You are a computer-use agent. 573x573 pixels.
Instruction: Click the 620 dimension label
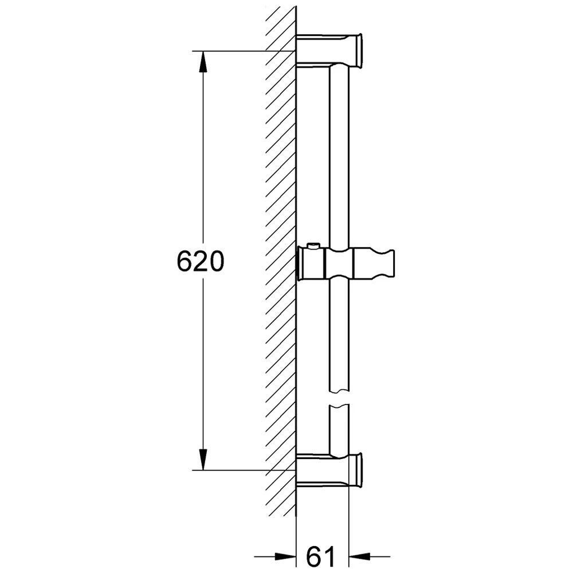point(200,261)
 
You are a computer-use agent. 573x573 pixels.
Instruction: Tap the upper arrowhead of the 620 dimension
point(203,62)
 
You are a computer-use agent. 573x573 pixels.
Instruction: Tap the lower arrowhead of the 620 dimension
point(203,459)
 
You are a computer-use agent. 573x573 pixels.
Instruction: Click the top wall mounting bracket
point(329,50)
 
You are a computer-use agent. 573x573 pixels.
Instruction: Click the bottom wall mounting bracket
point(329,470)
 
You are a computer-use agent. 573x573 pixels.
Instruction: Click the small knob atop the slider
point(313,246)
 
